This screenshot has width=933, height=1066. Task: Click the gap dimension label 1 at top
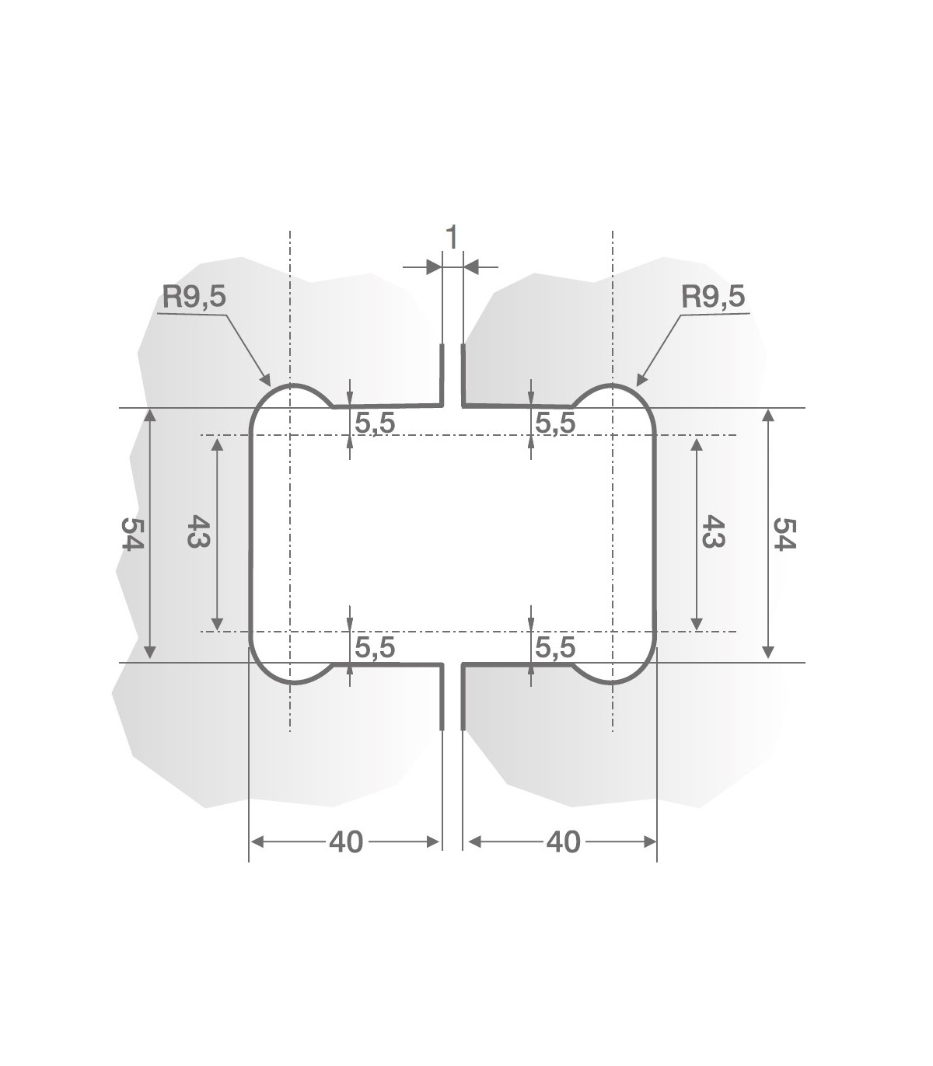[452, 237]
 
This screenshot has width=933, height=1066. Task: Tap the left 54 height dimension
[132, 533]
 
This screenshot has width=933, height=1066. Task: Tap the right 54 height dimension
[784, 533]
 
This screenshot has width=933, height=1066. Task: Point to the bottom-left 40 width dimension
[346, 841]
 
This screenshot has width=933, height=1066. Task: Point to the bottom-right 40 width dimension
[563, 841]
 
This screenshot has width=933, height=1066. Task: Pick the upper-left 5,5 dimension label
[375, 423]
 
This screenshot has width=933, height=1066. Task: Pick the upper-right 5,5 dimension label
[555, 423]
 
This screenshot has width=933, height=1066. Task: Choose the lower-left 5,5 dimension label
[375, 647]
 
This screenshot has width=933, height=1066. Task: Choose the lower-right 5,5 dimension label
[555, 647]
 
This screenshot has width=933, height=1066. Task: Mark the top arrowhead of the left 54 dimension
[151, 413]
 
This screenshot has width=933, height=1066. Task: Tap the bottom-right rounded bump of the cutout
[613, 681]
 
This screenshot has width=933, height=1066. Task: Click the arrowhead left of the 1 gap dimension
[434, 267]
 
